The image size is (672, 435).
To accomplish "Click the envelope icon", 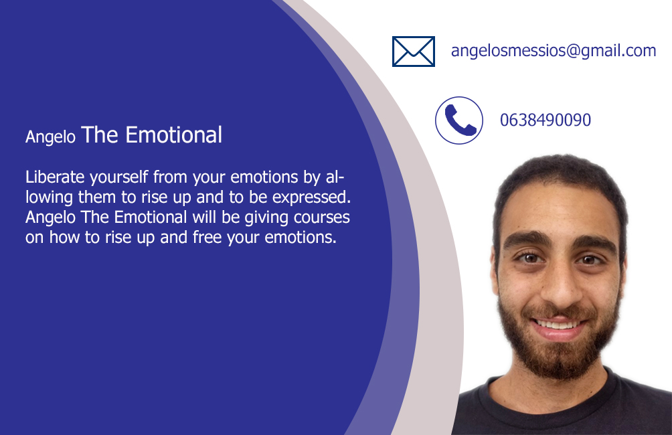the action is tap(414, 52).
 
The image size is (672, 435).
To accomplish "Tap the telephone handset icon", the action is tap(460, 120).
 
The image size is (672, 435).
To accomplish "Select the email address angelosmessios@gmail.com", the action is tap(554, 51).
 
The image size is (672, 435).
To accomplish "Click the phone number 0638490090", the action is tap(545, 120).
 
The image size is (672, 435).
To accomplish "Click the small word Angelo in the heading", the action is tap(50, 137).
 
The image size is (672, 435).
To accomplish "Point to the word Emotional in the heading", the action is tap(173, 135).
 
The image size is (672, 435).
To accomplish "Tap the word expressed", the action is tap(312, 197).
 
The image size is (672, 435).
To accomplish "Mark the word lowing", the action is tap(50, 197).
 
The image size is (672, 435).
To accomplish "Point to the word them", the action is tap(97, 197).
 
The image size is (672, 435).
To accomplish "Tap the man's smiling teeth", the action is tap(558, 325).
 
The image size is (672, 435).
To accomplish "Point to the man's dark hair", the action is tap(562, 180).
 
